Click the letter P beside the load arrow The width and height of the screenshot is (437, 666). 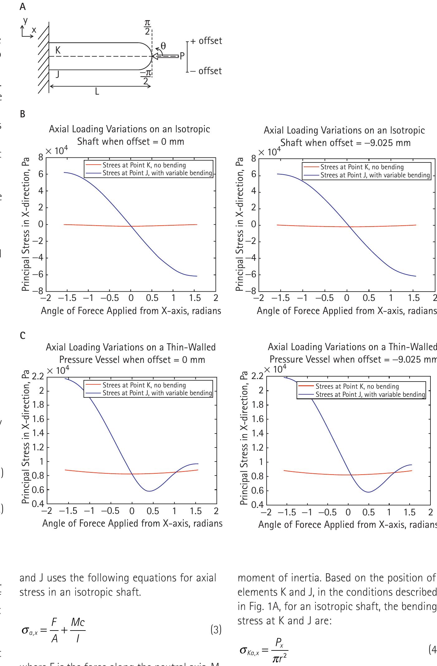(183, 56)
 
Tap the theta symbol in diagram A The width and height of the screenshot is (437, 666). (163, 46)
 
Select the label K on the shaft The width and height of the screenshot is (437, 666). (58, 50)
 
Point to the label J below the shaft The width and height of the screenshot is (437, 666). (58, 74)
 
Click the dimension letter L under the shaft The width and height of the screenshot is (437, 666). (97, 92)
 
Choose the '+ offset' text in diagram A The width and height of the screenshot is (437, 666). (206, 41)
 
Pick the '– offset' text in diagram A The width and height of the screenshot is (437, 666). (206, 71)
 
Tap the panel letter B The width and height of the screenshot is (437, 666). (22, 114)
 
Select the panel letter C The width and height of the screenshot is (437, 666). (22, 335)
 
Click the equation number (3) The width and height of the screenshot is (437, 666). (216, 630)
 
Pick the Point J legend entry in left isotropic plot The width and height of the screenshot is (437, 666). (157, 173)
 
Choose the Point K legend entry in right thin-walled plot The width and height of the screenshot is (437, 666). (357, 386)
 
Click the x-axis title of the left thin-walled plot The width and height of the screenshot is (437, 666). (132, 523)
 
